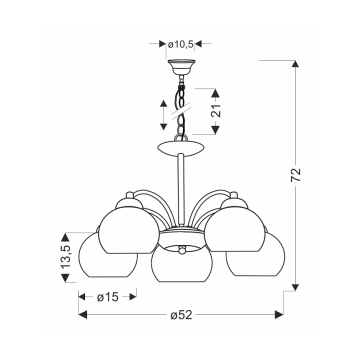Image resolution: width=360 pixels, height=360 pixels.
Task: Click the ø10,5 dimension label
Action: click(180, 44)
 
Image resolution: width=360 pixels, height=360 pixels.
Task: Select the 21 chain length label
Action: click(216, 111)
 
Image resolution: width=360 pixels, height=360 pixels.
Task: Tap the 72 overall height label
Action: click(295, 175)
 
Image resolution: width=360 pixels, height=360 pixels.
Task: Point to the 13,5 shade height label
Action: click(65, 256)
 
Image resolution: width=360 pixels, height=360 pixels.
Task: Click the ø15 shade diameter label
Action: click(107, 297)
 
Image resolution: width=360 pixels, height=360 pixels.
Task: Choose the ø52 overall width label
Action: click(181, 315)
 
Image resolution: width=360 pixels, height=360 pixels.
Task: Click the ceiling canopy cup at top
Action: click(181, 67)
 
